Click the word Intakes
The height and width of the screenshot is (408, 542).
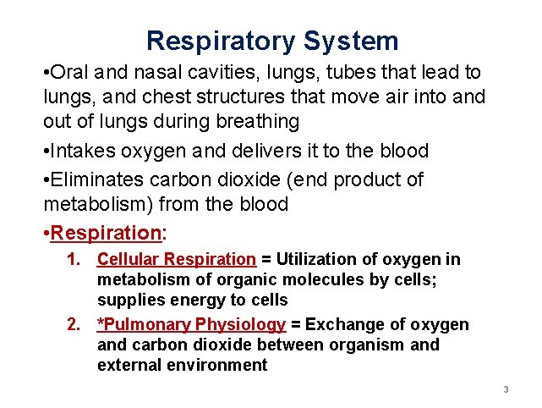pos(82,151)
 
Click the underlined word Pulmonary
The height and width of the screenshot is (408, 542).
pos(148,325)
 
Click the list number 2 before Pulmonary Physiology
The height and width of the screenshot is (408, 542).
pos(73,325)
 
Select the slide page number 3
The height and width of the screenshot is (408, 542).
pos(505,390)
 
